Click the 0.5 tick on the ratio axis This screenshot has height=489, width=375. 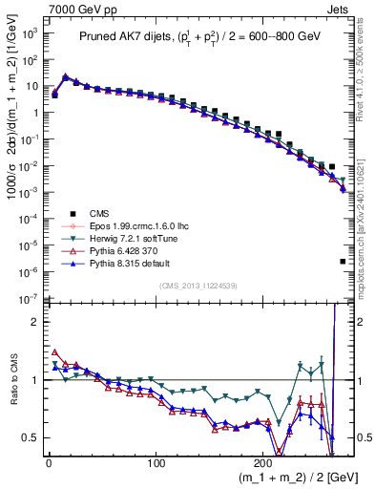(x=32, y=437)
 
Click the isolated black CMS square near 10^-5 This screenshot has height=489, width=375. (x=343, y=261)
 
